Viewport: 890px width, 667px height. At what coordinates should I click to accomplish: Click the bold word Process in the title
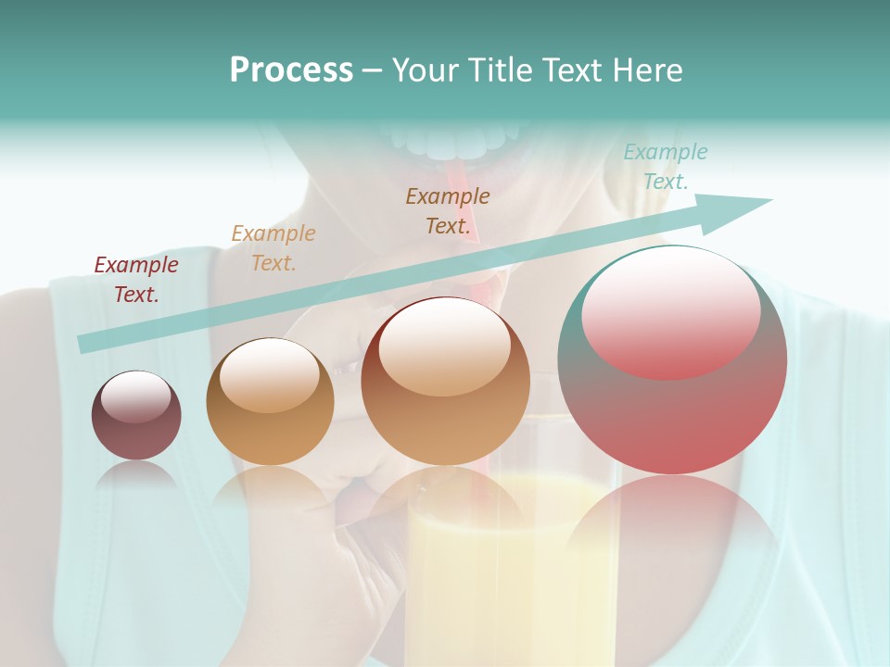(291, 70)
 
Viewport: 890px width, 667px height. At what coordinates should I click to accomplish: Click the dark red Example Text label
(136, 280)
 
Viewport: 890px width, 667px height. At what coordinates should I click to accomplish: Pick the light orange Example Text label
(273, 247)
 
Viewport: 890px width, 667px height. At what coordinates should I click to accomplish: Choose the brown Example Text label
(448, 210)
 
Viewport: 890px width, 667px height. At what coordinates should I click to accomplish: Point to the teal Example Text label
(666, 167)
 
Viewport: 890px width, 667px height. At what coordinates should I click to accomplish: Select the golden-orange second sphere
(270, 417)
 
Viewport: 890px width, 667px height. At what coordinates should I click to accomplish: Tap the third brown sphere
(445, 408)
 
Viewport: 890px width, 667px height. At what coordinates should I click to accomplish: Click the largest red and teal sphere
(672, 408)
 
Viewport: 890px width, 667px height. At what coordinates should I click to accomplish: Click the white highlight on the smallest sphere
(135, 396)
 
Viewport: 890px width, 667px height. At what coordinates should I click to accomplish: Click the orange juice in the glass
(510, 574)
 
